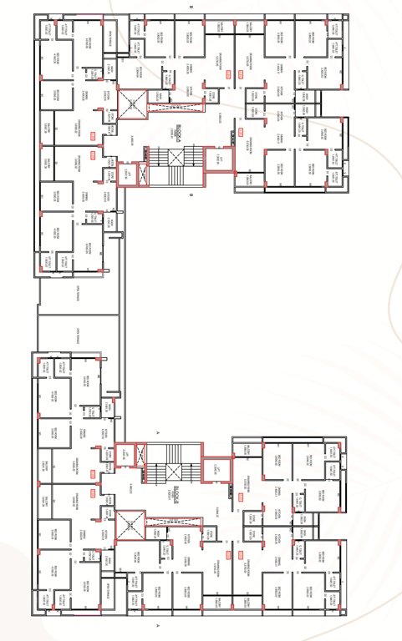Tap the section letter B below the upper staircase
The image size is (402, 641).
(191, 196)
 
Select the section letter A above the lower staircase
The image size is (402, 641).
(158, 433)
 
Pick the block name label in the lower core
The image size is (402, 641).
(177, 493)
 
